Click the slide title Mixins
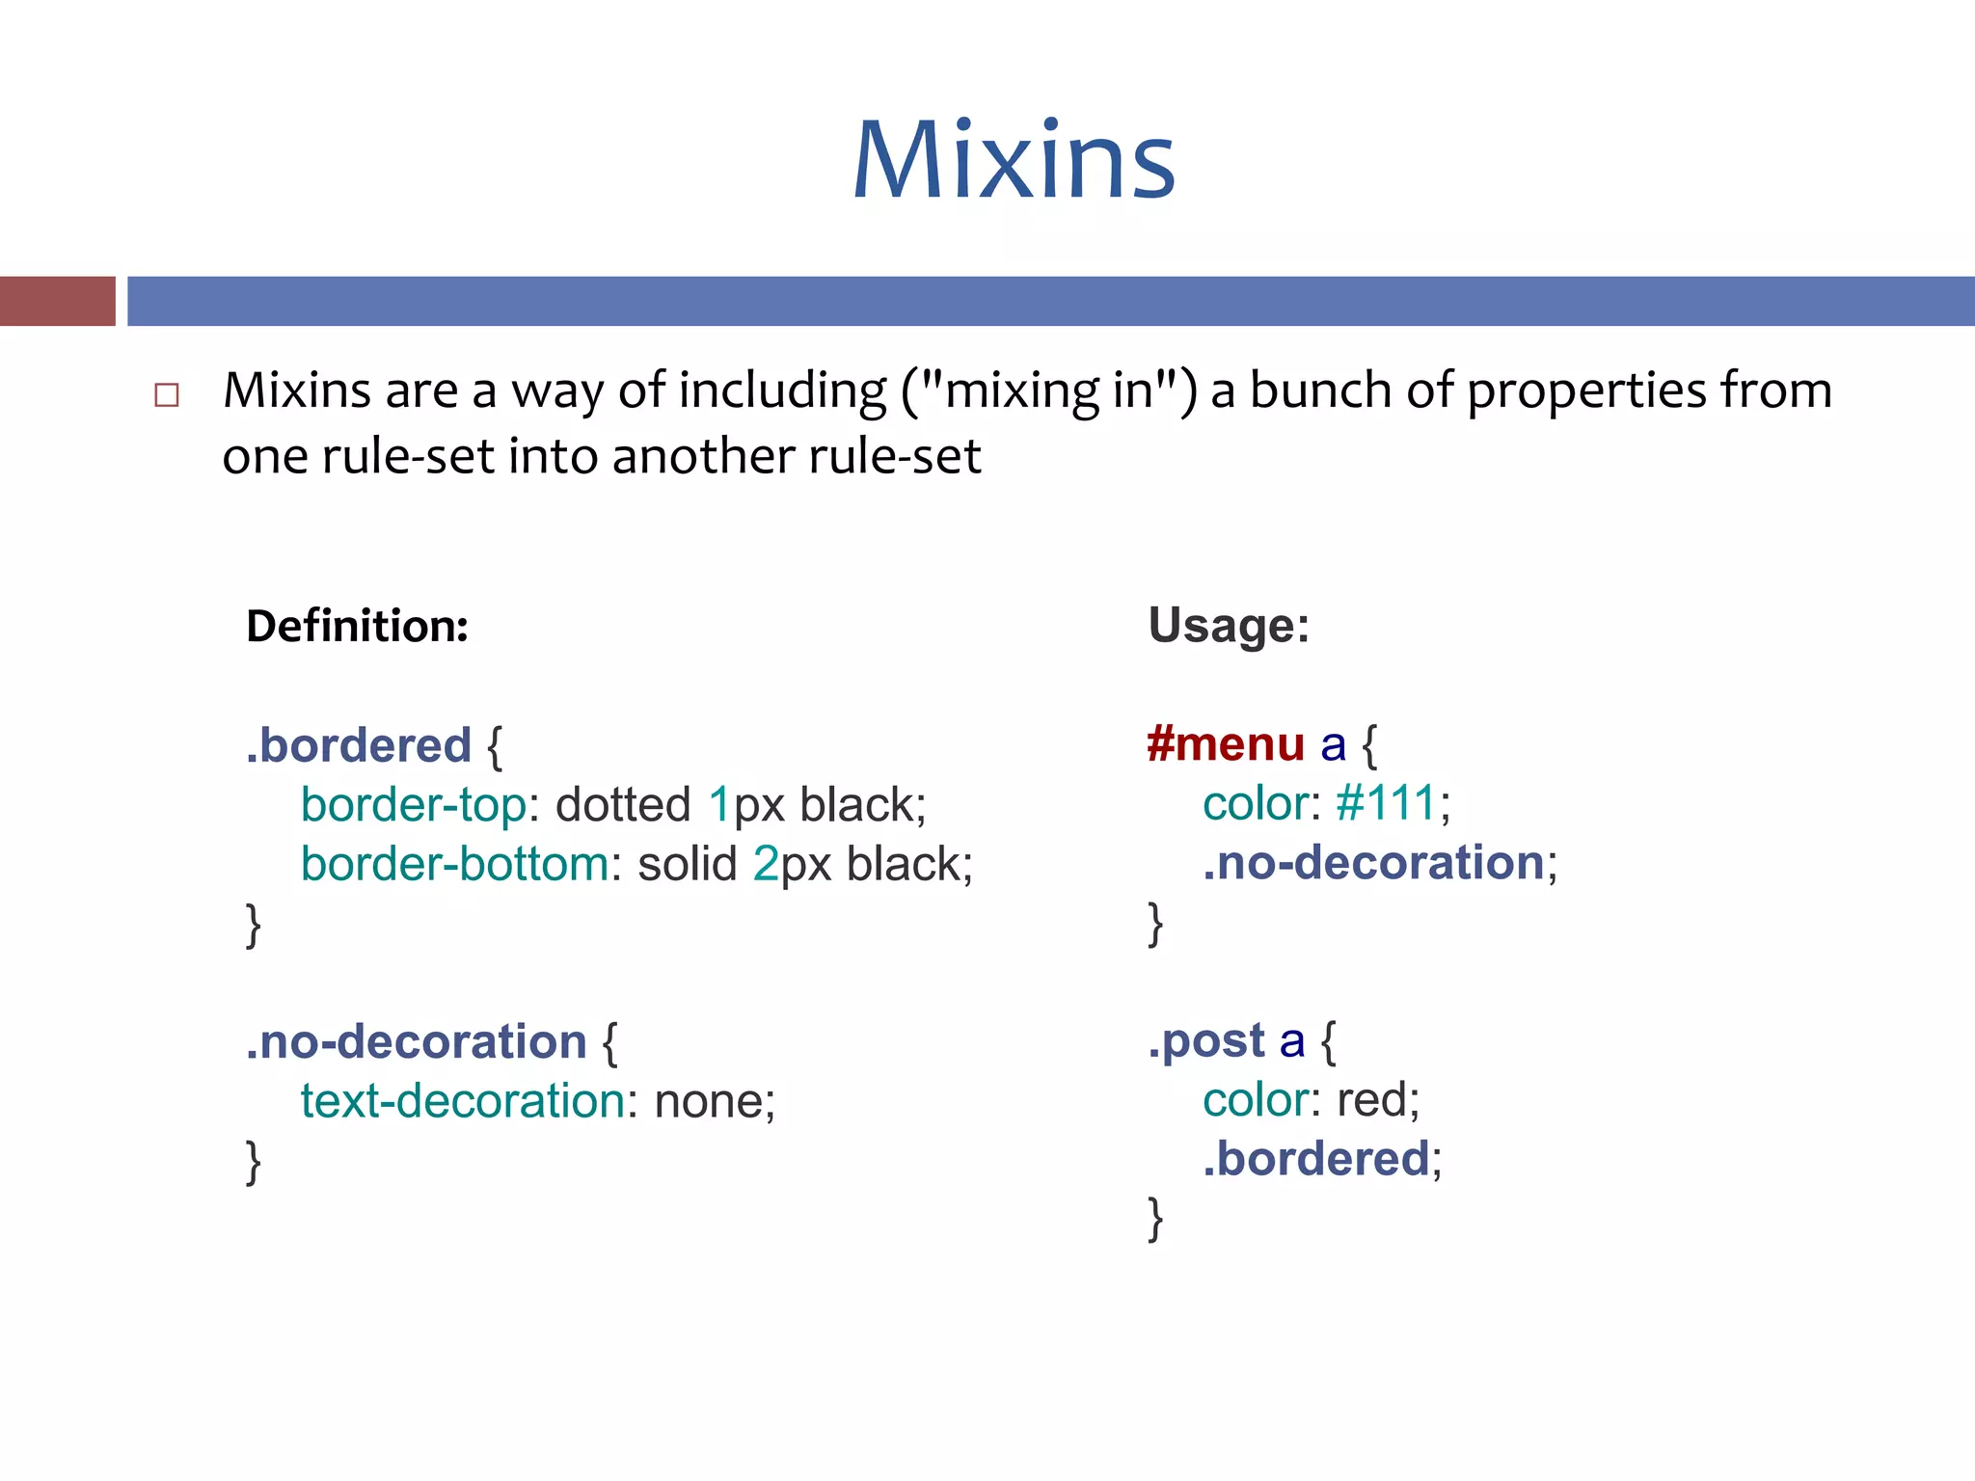coord(1014,161)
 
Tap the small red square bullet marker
coord(167,395)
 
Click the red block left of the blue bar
coord(57,301)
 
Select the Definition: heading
coord(357,626)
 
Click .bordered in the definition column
coord(359,745)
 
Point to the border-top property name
coord(414,805)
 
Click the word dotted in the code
coord(623,805)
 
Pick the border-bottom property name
coord(454,864)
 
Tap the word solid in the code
coord(687,864)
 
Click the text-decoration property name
coord(463,1101)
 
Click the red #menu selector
coord(1226,744)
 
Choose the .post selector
coord(1205,1040)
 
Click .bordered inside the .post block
coord(1315,1159)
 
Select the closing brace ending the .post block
coord(1155,1220)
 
